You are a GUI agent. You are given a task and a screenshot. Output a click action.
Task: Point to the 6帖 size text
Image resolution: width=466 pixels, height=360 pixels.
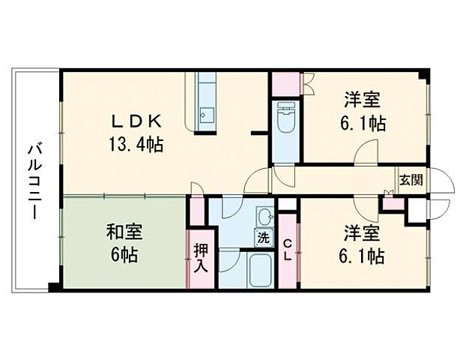[x=125, y=255]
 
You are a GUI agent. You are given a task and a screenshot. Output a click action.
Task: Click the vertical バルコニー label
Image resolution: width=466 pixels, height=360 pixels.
[x=34, y=181]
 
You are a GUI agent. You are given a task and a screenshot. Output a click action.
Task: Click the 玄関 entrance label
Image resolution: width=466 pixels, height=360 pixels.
[x=410, y=180]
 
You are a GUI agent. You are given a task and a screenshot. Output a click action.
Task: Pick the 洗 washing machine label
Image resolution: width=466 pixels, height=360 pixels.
[x=264, y=238]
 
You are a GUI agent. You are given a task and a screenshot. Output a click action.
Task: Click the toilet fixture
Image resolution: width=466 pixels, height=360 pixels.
[x=285, y=118]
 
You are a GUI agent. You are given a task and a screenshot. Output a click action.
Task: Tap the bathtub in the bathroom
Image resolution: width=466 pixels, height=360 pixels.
[x=262, y=270]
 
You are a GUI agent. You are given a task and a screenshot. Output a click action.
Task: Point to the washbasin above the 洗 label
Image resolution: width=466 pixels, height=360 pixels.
[x=264, y=218]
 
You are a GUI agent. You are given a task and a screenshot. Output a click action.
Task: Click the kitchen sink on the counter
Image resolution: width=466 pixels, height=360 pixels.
[x=207, y=115]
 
